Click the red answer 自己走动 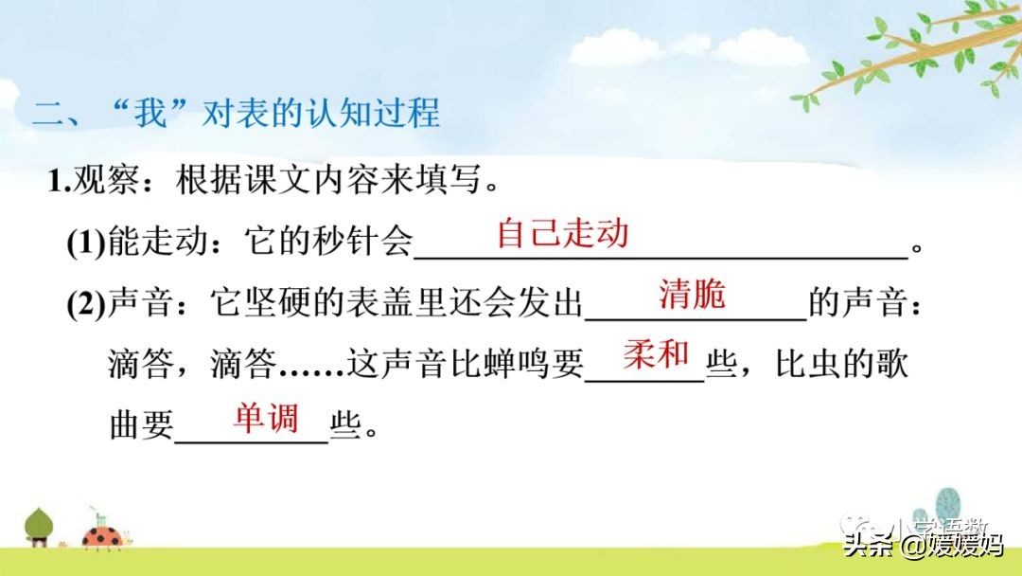[x=562, y=233]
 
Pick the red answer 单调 [x=266, y=418]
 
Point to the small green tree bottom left [x=39, y=525]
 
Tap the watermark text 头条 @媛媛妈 [x=922, y=545]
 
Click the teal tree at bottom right [x=946, y=506]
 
